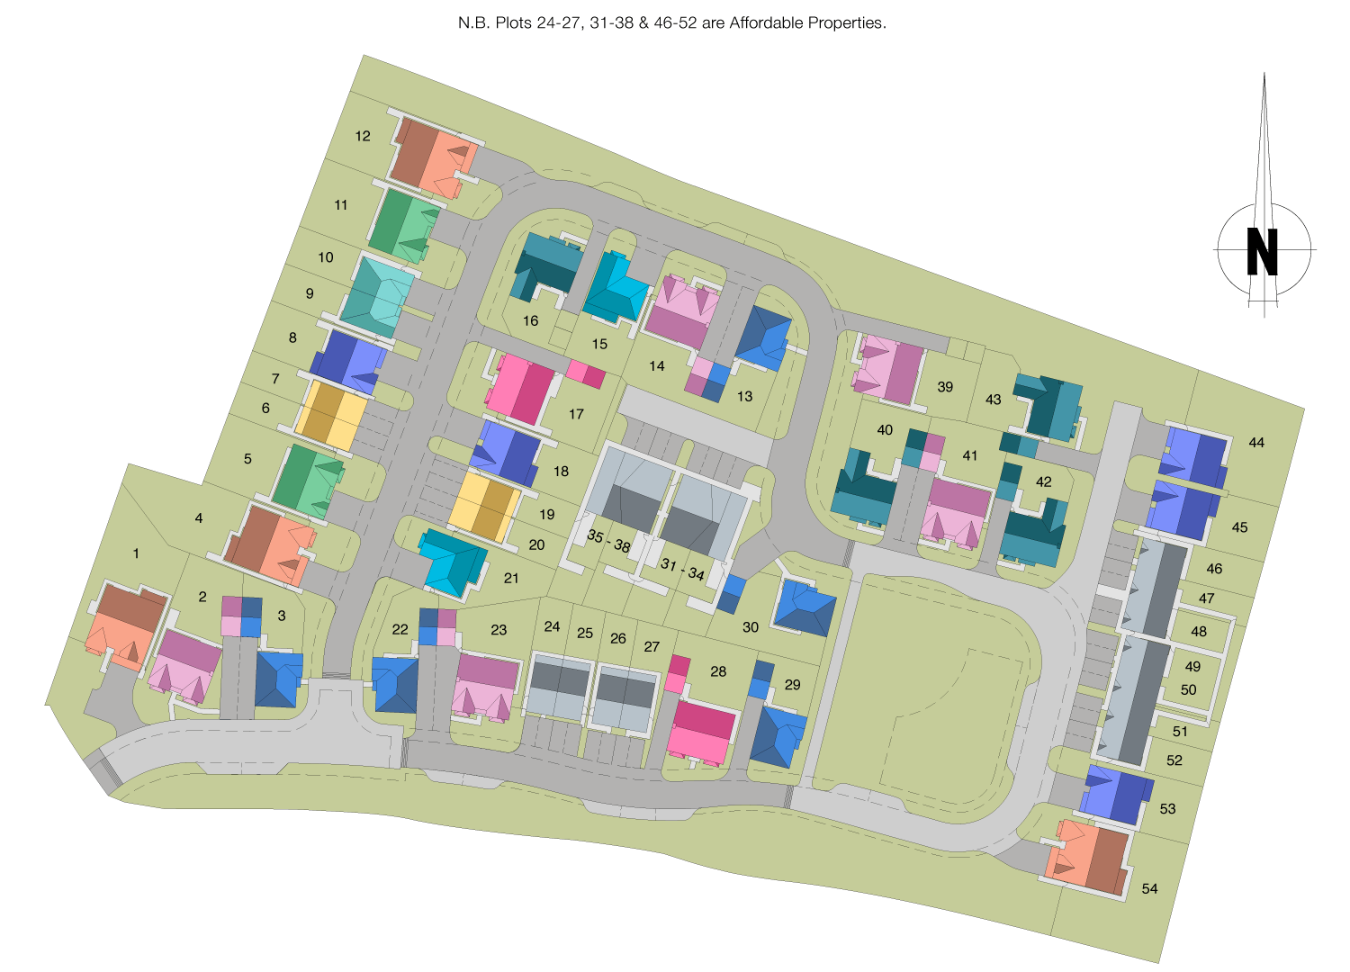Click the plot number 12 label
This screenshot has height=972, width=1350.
coord(363,136)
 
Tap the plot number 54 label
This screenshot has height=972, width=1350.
coord(1149,888)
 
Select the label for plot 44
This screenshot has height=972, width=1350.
coord(1256,442)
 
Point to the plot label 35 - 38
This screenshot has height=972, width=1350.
coord(608,541)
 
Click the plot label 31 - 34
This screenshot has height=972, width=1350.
coord(682,569)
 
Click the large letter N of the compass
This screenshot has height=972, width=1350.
coord(1262,251)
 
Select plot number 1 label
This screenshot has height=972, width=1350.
coord(136,553)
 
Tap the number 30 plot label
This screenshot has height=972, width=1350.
coord(751,626)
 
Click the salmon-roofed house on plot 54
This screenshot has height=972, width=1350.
coord(1089,856)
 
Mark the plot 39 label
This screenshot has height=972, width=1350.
coord(945,387)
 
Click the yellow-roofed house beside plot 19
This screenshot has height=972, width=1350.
coord(487,506)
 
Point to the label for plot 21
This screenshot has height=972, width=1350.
coord(511,578)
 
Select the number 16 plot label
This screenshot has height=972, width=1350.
coord(531,320)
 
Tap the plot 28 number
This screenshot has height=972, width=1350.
coord(718,670)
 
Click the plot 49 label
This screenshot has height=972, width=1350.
coord(1192,667)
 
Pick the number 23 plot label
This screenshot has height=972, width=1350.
coord(499,630)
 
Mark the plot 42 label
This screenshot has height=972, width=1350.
coord(1043,481)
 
